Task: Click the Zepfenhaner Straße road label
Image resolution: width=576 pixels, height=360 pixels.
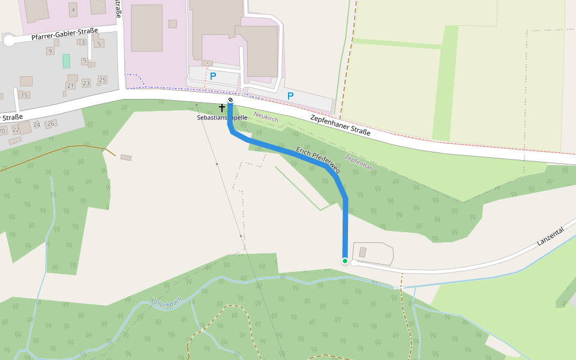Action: click(x=340, y=125)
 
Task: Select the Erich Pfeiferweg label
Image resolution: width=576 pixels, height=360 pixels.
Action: click(x=318, y=160)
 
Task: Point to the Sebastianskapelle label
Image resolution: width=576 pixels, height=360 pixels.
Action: click(x=221, y=118)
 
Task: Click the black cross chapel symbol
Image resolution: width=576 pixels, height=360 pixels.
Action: click(x=222, y=108)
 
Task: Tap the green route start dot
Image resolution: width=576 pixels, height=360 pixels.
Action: click(x=345, y=261)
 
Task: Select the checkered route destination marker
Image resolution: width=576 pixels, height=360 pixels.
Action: click(x=230, y=100)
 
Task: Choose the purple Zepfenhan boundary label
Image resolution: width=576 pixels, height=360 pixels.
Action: click(x=359, y=163)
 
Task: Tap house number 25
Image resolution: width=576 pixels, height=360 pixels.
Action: click(x=102, y=80)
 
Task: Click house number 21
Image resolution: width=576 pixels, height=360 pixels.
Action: click(x=70, y=86)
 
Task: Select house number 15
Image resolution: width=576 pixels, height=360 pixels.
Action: click(x=25, y=95)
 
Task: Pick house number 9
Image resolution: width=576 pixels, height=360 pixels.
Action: click(x=50, y=51)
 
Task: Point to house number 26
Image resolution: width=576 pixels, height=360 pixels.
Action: click(x=51, y=124)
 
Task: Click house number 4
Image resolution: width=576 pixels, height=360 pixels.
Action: click(x=73, y=10)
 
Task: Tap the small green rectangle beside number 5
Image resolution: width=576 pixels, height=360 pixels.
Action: click(x=66, y=61)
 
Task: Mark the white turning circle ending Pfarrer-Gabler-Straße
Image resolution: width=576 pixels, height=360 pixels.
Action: click(x=9, y=41)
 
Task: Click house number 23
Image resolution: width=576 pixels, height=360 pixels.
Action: click(x=86, y=83)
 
